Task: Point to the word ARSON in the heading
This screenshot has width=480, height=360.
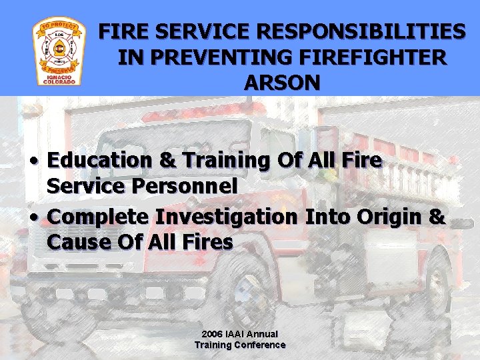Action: (x=282, y=83)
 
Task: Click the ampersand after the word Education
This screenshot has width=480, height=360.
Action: (x=169, y=161)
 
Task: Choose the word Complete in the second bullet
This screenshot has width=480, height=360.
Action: (x=99, y=217)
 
